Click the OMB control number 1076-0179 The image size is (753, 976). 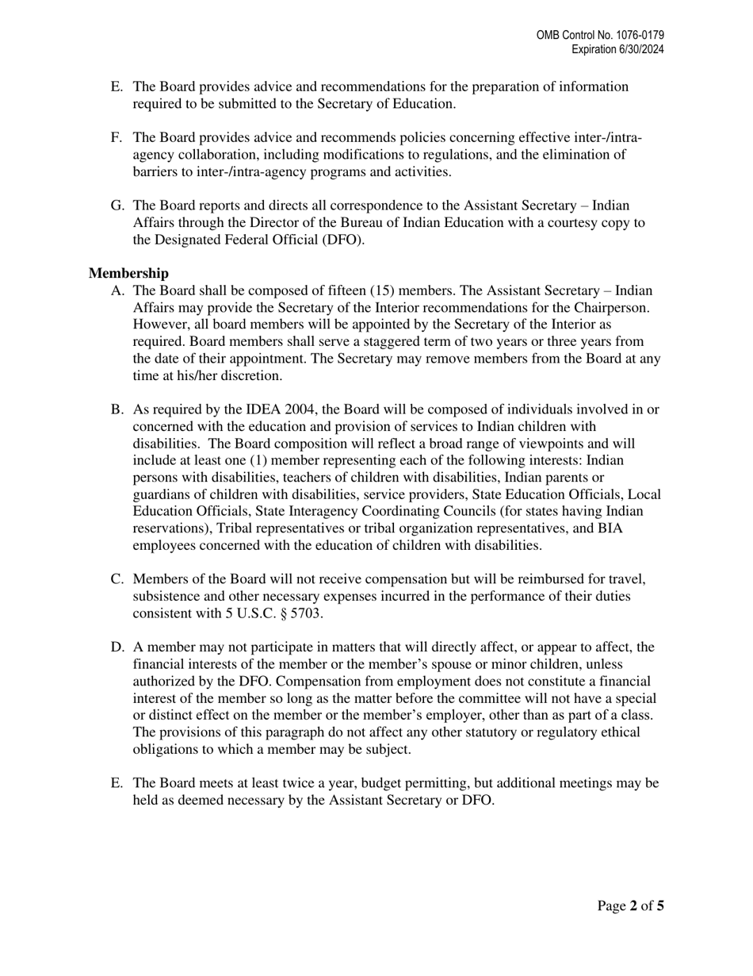click(x=638, y=36)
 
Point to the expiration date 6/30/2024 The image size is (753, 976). click(x=639, y=49)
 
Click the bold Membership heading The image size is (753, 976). click(x=128, y=274)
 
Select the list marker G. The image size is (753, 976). click(x=117, y=206)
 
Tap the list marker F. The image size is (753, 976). click(x=117, y=138)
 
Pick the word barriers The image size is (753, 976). click(x=156, y=171)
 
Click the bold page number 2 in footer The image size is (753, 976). click(x=633, y=905)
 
